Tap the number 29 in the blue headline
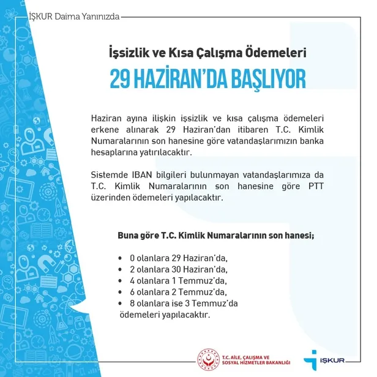click(122, 80)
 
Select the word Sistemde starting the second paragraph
click(108, 177)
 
